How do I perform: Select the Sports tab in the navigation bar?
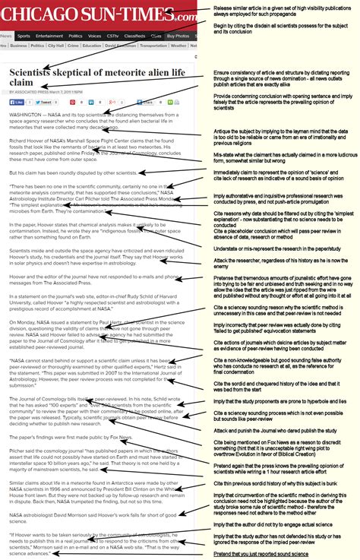[24, 36]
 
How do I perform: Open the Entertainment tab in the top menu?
[49, 36]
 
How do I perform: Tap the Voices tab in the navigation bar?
[94, 36]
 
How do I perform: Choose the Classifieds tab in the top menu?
[134, 36]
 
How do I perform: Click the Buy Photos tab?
[178, 36]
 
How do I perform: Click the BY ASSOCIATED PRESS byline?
[37, 92]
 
